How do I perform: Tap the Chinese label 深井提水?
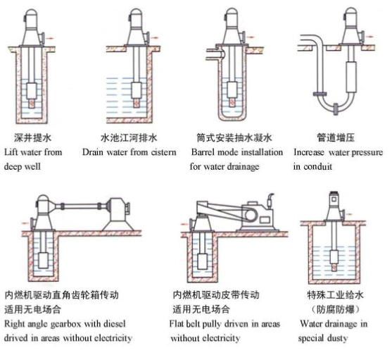32,137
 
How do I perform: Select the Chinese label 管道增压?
336,137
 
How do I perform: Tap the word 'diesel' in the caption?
115,324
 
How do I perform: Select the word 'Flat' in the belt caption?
175,324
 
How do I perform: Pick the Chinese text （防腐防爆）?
336,310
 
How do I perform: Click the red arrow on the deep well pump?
51,38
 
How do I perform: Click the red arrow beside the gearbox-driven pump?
25,223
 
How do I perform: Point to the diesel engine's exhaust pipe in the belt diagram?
270,201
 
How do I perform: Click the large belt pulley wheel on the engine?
251,215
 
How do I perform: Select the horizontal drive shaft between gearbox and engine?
80,206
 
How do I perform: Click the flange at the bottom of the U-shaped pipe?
336,109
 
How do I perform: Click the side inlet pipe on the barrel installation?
215,54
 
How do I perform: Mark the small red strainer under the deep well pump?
32,104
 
